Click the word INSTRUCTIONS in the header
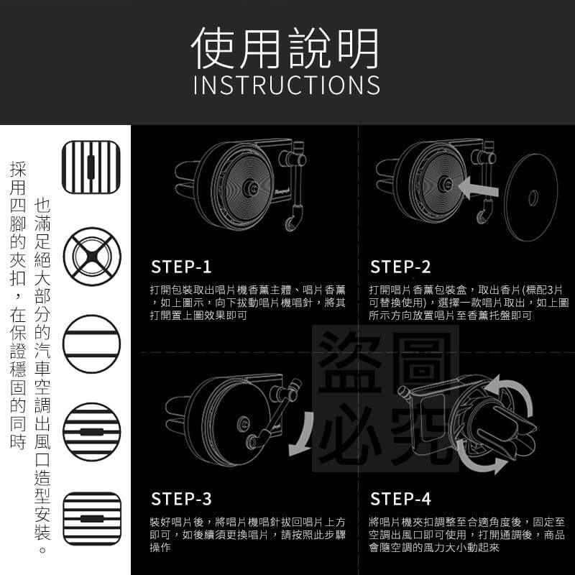pyautogui.click(x=286, y=85)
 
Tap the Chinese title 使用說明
pyautogui.click(x=285, y=48)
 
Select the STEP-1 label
pyautogui.click(x=181, y=267)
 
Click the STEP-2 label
pyautogui.click(x=400, y=267)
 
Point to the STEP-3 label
pyautogui.click(x=181, y=499)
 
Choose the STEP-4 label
pyautogui.click(x=400, y=499)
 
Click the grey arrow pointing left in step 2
pyautogui.click(x=478, y=188)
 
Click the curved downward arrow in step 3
pyautogui.click(x=303, y=435)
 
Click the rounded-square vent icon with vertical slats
pyautogui.click(x=91, y=167)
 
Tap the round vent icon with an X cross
pyautogui.click(x=92, y=257)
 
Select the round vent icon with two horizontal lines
pyautogui.click(x=92, y=344)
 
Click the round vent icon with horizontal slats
pyautogui.click(x=92, y=432)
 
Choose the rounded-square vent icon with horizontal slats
pyautogui.click(x=92, y=518)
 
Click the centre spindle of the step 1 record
pyautogui.click(x=251, y=188)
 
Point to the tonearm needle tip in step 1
pyautogui.click(x=290, y=224)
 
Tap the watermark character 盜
pyautogui.click(x=350, y=362)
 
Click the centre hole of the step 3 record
pyautogui.click(x=243, y=424)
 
